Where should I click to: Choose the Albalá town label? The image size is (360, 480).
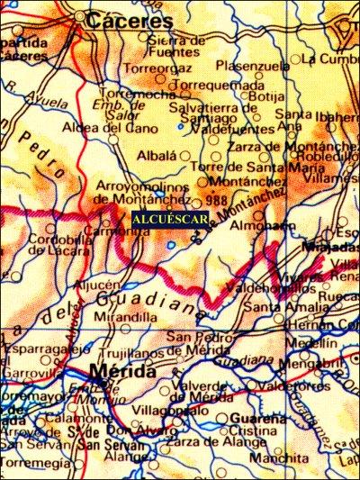pyautogui.click(x=156, y=155)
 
